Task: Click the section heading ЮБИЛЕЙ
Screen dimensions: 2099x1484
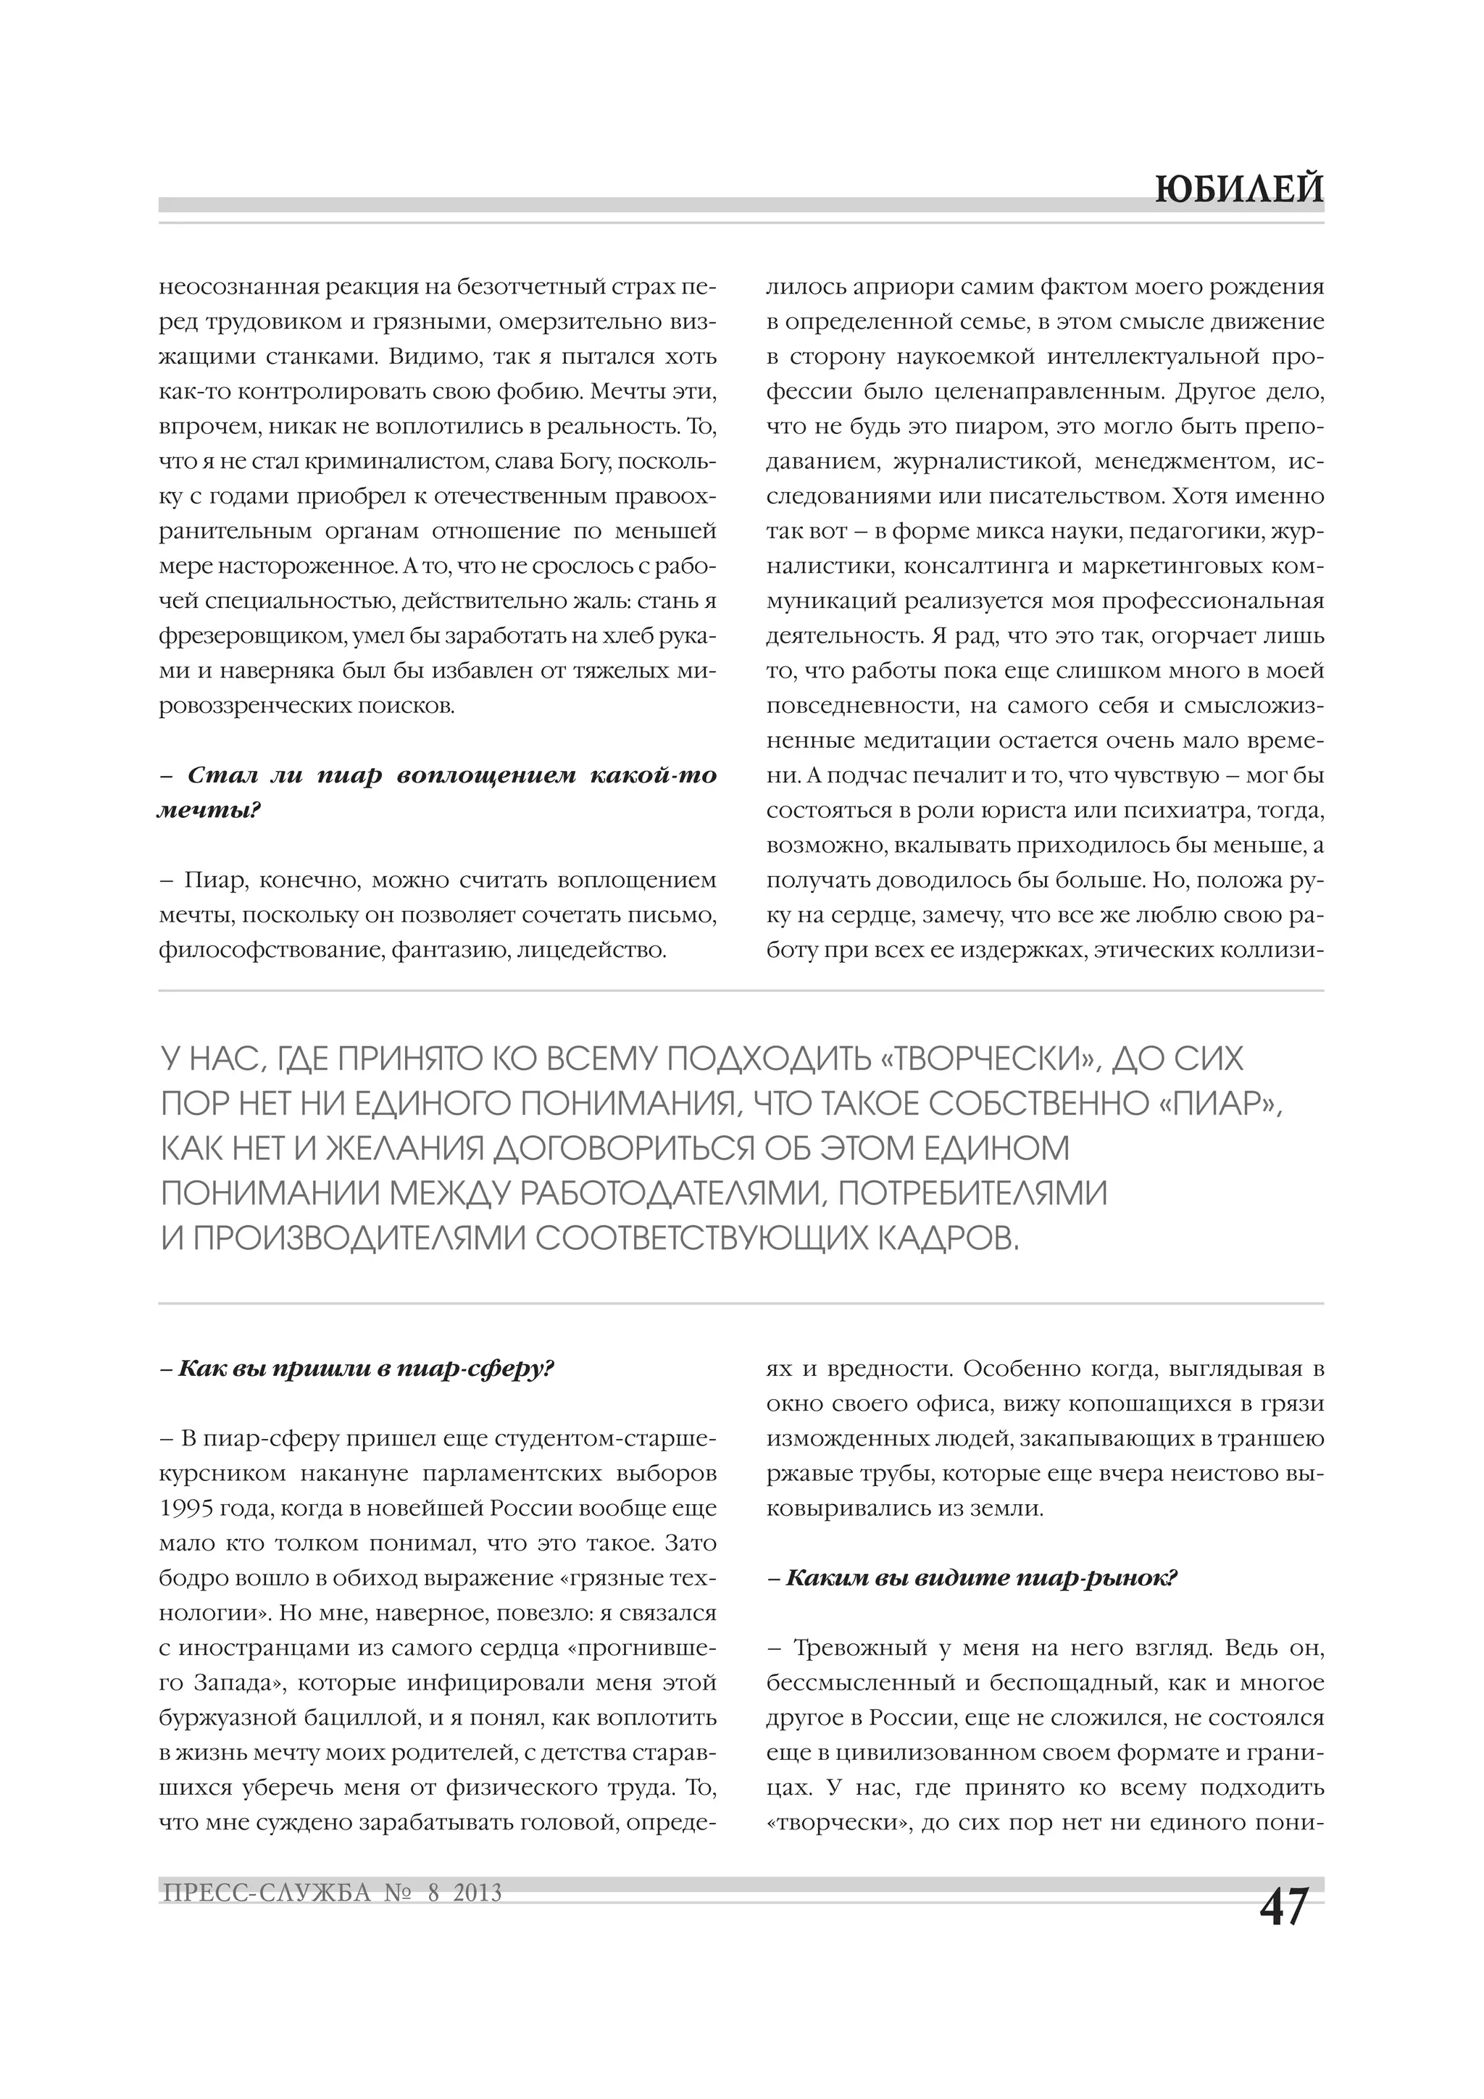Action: coord(1238,189)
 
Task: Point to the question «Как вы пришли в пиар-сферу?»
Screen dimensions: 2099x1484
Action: coord(357,1369)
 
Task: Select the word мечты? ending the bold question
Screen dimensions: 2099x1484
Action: coord(209,811)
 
